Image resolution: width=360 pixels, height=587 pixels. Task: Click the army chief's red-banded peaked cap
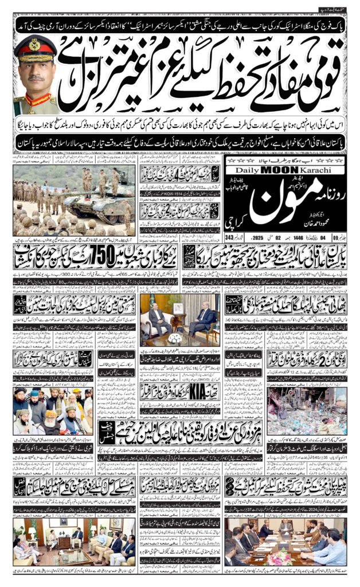point(35,47)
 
